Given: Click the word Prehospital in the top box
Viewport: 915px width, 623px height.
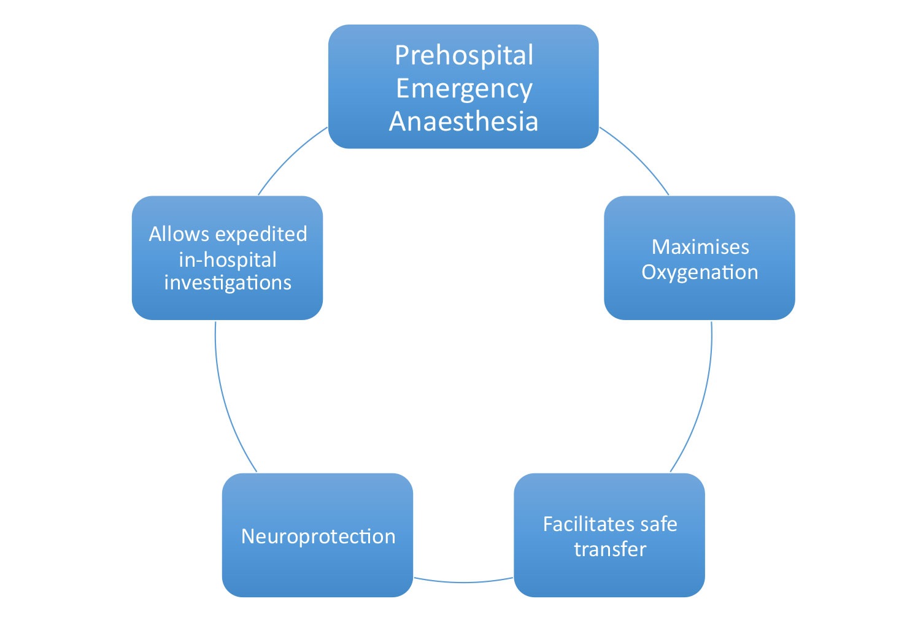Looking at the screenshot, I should tap(464, 55).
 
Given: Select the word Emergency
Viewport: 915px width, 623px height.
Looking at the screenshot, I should tap(464, 89).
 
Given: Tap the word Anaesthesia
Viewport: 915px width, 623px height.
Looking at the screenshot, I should tap(464, 121).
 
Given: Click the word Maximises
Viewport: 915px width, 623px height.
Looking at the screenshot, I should tap(700, 247).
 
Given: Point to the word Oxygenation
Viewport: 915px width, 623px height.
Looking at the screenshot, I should tap(700, 272).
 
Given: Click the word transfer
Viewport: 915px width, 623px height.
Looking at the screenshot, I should tap(610, 549).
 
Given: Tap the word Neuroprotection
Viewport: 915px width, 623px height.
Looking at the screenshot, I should tap(318, 536).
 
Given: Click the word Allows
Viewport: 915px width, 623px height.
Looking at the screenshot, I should tap(179, 234).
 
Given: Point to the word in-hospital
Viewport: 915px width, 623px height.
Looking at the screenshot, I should tap(228, 259).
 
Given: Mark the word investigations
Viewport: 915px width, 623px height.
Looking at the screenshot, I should tap(228, 283).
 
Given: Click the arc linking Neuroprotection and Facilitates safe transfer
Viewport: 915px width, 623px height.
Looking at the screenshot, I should tap(463, 581).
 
